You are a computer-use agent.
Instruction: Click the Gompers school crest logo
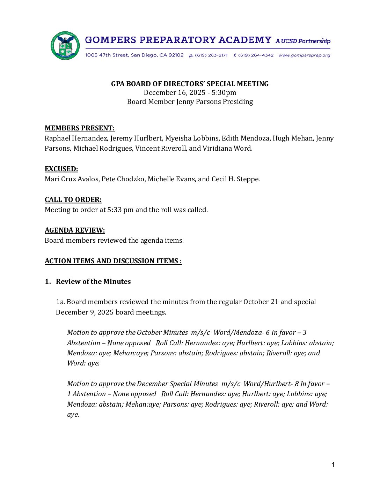(x=65, y=46)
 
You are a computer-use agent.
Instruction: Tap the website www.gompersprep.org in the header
(x=304, y=55)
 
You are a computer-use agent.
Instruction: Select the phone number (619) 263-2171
(x=211, y=55)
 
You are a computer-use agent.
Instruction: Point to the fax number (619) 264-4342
(x=256, y=55)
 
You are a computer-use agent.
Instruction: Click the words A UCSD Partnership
(x=303, y=41)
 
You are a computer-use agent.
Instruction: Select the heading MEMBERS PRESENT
(x=80, y=128)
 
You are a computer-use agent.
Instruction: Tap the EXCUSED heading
(x=61, y=169)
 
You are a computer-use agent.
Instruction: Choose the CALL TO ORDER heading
(x=73, y=199)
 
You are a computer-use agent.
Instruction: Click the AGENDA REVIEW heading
(x=75, y=230)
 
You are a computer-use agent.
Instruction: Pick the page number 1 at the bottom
(x=333, y=464)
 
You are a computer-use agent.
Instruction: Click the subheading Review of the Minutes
(x=93, y=281)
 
